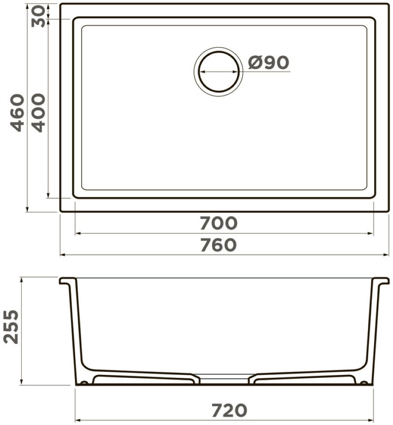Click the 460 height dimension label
tap(17, 113)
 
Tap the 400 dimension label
tap(37, 113)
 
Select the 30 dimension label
tap(38, 17)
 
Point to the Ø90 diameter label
tap(268, 62)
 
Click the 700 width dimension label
tap(219, 223)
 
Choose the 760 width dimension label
tap(219, 244)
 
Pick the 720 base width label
tap(229, 410)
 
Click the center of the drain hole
tap(218, 72)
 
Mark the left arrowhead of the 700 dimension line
tap(78, 233)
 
